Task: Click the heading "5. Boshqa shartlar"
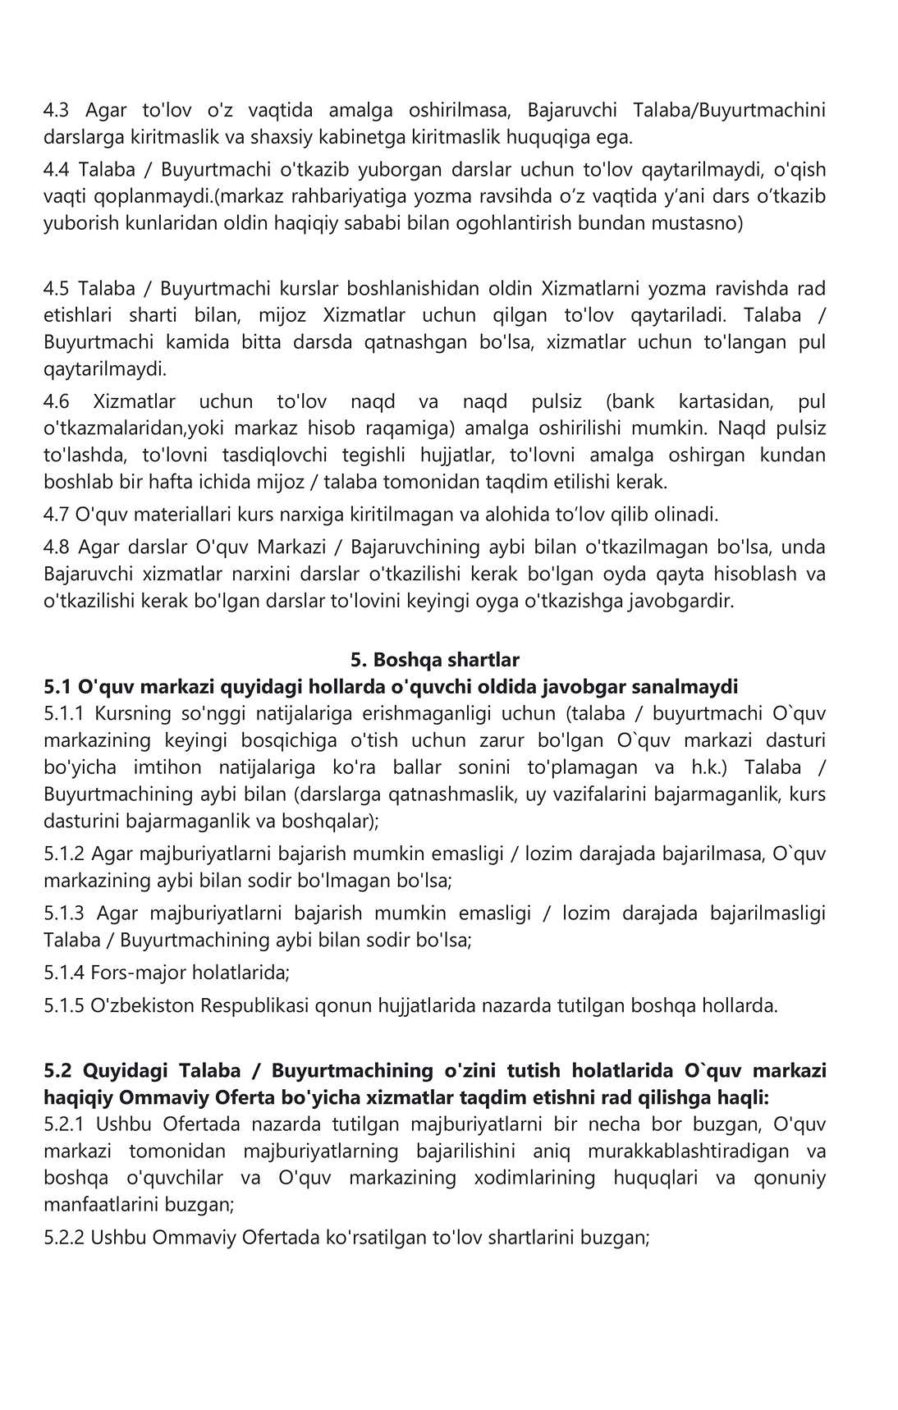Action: tap(434, 659)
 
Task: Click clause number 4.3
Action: tap(57, 110)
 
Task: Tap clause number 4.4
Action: tap(57, 170)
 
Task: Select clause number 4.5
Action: tap(57, 289)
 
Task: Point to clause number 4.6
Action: tap(57, 401)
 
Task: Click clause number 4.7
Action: tap(56, 515)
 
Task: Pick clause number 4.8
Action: tap(57, 547)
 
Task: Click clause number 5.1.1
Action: tap(63, 713)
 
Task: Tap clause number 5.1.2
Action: tap(63, 854)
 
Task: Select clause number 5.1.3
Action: tap(63, 913)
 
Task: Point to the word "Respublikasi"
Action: tap(256, 1005)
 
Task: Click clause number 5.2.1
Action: tap(63, 1124)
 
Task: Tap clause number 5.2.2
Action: tap(63, 1237)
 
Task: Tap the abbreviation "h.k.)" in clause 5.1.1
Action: tap(701, 767)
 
